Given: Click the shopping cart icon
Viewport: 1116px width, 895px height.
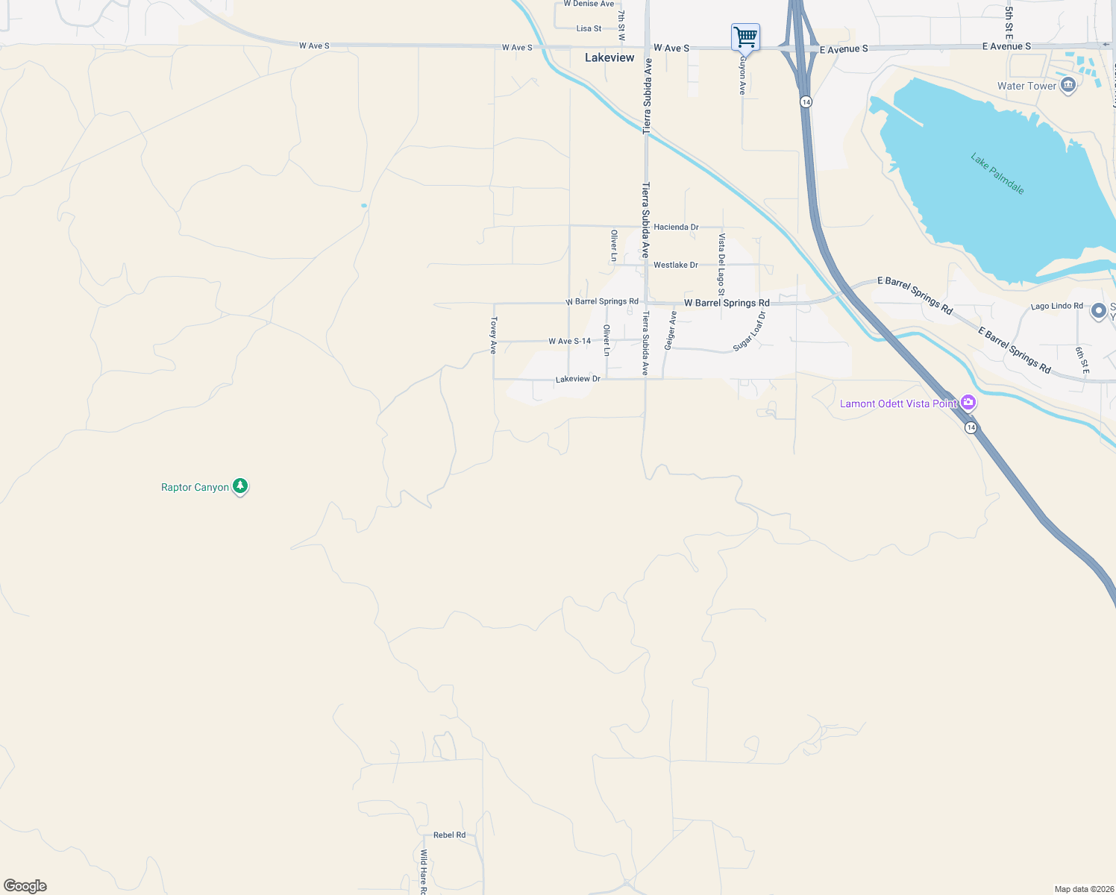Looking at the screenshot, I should [745, 36].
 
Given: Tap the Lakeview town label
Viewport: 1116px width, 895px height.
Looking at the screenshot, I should [609, 57].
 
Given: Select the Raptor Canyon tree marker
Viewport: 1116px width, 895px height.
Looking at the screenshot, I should [239, 486].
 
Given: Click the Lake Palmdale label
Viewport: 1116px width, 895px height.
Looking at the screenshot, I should [997, 174].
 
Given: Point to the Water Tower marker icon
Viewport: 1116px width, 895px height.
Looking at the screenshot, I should [1068, 85].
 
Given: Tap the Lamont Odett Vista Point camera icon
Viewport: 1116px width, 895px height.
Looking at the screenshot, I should [968, 403].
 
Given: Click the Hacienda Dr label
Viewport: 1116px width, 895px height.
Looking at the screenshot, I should [676, 227].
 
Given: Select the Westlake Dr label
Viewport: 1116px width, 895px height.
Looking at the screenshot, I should [676, 265].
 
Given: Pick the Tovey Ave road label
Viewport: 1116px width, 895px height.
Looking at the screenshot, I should [493, 335].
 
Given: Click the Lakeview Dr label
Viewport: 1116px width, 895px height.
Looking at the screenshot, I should [577, 379].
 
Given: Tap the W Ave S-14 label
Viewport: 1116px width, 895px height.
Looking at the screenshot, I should [569, 341].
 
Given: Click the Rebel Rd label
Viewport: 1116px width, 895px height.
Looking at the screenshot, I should [449, 835].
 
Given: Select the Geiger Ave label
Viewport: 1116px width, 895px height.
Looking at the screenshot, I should [671, 330].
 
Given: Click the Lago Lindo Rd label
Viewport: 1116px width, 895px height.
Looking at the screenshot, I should [1056, 306].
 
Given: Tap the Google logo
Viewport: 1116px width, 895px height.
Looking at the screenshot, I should [25, 885].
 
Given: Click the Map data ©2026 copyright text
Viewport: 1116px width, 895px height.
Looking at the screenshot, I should [1082, 889].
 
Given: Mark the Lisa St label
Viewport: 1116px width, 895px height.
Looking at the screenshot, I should [589, 28].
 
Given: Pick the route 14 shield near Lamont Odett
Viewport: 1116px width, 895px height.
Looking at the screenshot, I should [970, 427].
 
